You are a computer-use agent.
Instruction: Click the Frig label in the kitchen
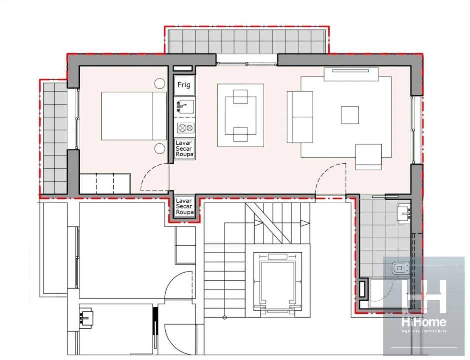[x=184, y=85]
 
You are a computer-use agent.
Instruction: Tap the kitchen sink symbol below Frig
[x=184, y=106]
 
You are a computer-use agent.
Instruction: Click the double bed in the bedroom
[x=134, y=116]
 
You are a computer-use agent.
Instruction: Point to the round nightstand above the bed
[x=160, y=84]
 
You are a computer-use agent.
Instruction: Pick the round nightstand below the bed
[x=160, y=148]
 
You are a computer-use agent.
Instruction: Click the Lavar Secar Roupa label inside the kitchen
[x=184, y=148]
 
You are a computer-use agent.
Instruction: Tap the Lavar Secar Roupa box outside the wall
[x=184, y=206]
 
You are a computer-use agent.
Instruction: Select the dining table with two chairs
[x=240, y=115]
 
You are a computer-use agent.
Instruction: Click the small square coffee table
[x=350, y=115]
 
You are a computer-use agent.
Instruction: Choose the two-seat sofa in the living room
[x=300, y=117]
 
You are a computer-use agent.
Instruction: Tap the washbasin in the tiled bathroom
[x=404, y=212]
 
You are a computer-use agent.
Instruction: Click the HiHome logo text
[x=424, y=322]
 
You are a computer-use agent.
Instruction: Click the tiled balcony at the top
[x=246, y=41]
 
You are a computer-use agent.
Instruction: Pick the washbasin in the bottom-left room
[x=87, y=317]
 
